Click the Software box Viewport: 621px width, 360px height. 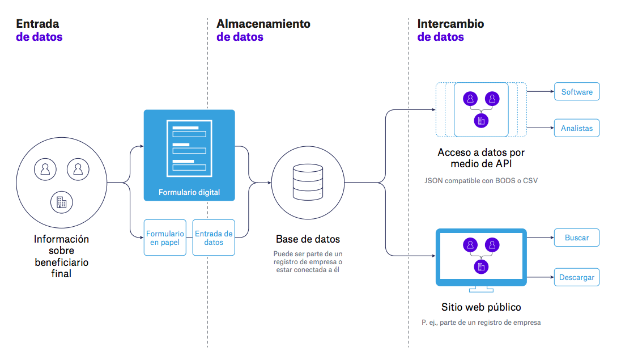[576, 92]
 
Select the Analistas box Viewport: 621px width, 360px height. [576, 128]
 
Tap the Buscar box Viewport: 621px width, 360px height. [576, 238]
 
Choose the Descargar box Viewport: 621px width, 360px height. [576, 277]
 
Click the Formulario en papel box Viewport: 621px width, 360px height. [165, 238]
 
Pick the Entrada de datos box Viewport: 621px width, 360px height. [214, 238]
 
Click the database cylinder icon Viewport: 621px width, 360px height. [308, 183]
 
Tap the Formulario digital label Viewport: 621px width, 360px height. [189, 192]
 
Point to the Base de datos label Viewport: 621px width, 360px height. [308, 239]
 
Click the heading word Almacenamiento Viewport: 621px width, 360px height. [263, 24]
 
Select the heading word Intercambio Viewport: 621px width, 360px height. [450, 24]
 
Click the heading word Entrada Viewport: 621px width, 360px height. [37, 24]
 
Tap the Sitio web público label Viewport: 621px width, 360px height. [481, 307]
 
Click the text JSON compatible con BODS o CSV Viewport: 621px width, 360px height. [481, 181]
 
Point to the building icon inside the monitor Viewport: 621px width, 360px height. [481, 266]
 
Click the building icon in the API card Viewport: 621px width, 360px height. [481, 120]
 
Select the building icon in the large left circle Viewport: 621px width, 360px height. [61, 201]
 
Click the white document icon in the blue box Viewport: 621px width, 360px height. [189, 149]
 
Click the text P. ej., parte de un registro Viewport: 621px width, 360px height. [481, 323]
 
